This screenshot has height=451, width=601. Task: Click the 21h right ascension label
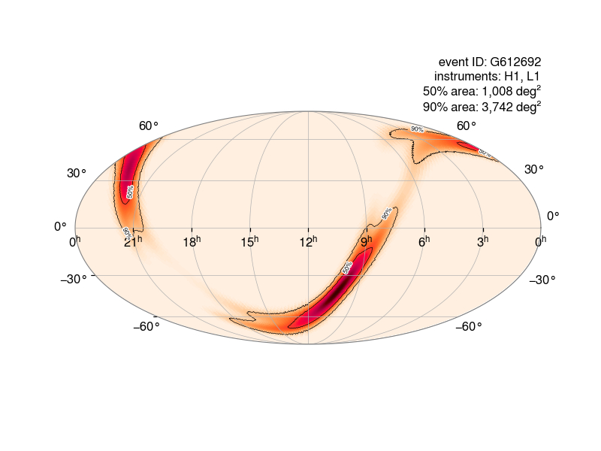[133, 241]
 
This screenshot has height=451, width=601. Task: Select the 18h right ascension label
[192, 241]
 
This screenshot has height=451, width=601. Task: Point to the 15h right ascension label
[249, 241]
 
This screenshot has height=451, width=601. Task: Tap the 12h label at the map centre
[308, 241]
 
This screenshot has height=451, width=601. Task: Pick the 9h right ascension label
[366, 241]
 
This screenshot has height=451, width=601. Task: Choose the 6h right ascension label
[424, 241]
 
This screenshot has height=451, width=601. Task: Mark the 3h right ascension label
[482, 241]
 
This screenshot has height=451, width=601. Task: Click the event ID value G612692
[515, 62]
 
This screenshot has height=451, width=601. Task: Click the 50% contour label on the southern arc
[347, 268]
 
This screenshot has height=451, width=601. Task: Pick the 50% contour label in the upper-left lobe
[130, 192]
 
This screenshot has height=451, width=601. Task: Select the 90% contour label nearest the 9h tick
[387, 213]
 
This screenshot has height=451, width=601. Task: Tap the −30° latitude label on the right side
[542, 280]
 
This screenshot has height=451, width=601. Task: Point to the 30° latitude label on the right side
[534, 169]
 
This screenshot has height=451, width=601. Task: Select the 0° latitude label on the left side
[60, 226]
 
